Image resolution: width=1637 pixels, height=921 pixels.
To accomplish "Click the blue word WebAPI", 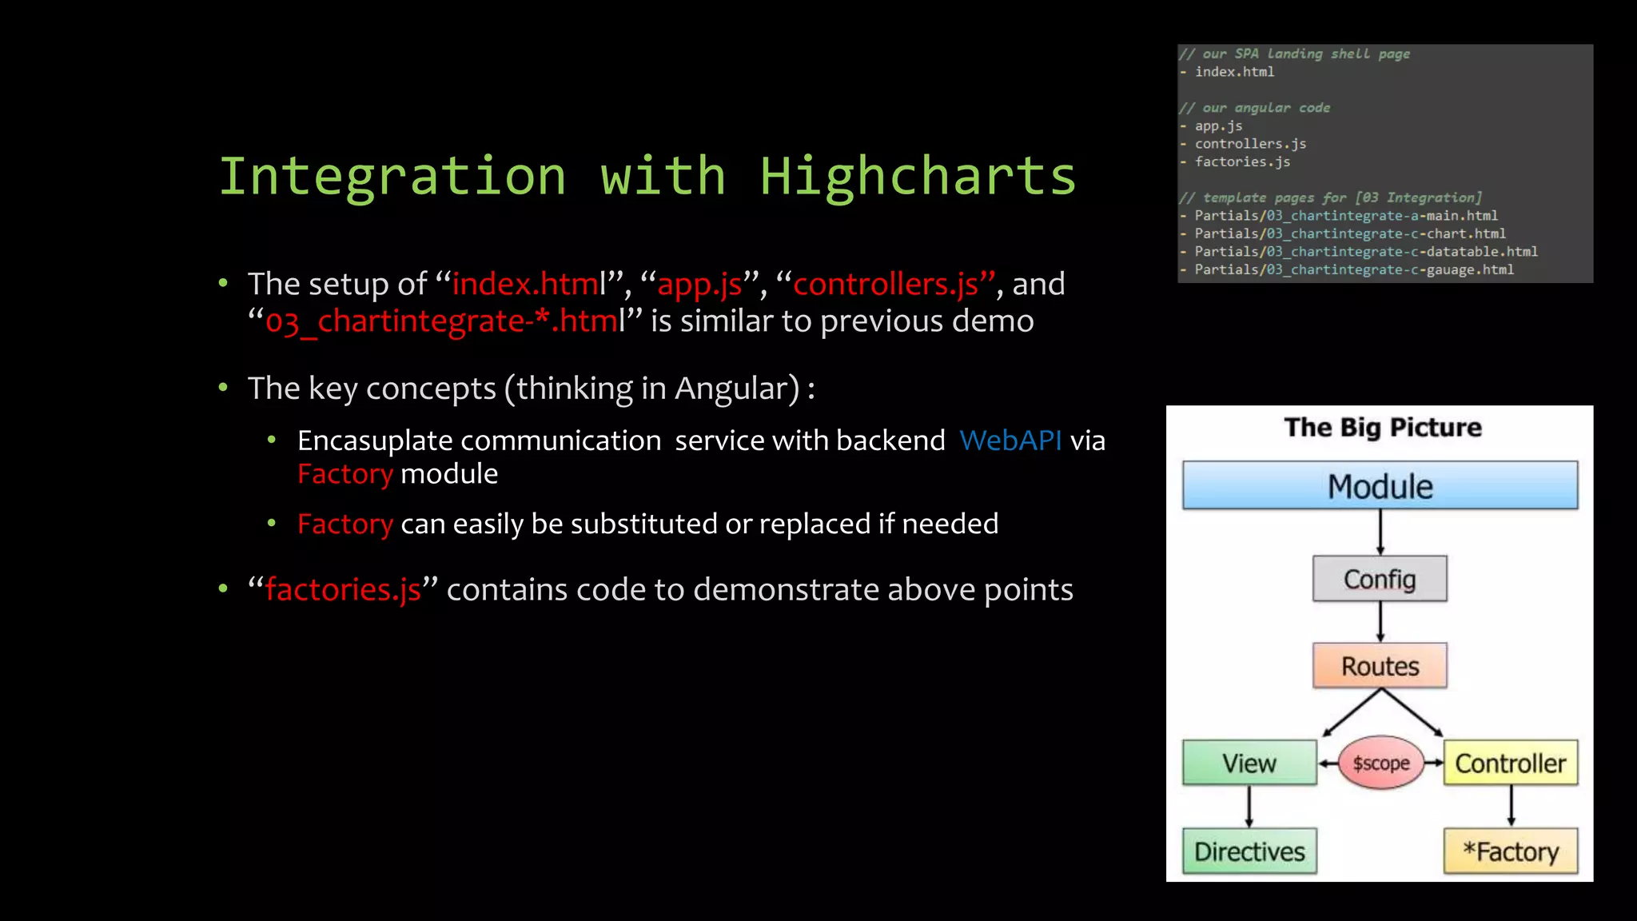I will click(x=1010, y=441).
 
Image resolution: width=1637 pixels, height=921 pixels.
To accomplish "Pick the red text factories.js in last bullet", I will click(x=343, y=589).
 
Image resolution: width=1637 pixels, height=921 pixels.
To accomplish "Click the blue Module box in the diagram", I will click(x=1380, y=485).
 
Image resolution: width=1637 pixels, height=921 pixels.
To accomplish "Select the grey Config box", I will click(x=1380, y=579).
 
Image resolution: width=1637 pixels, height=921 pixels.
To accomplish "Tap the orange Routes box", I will click(x=1380, y=666).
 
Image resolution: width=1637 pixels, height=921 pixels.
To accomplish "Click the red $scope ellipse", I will click(x=1380, y=764).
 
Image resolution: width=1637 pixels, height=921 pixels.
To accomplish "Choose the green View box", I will click(x=1249, y=764).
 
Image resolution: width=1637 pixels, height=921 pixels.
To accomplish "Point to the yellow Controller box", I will click(x=1510, y=764).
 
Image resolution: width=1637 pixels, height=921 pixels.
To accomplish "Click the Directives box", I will click(x=1249, y=851).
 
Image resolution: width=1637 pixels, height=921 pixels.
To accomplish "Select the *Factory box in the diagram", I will click(x=1510, y=851).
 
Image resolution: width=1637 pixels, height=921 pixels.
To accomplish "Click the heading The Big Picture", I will click(x=1382, y=428).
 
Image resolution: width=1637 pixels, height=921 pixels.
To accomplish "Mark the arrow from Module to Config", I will click(x=1380, y=532).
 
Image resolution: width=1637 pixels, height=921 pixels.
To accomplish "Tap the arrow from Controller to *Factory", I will click(x=1511, y=806).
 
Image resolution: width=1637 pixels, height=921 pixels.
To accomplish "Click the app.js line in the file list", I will click(x=1218, y=126).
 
